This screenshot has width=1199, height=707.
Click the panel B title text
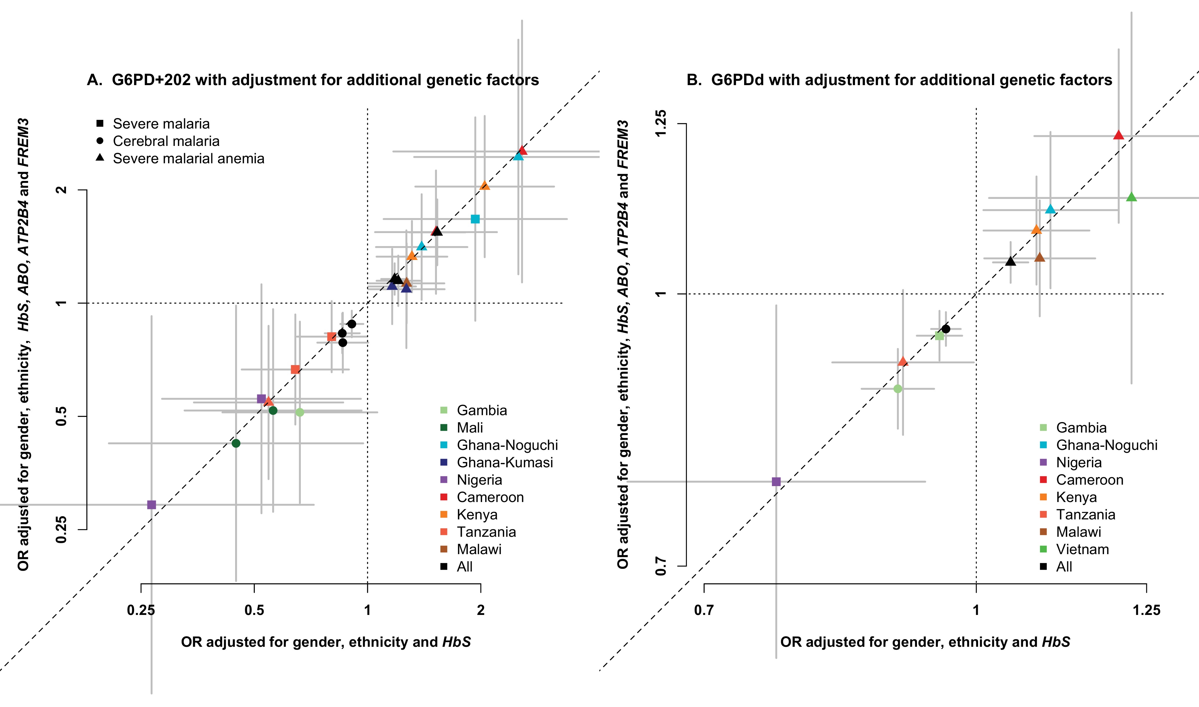(899, 80)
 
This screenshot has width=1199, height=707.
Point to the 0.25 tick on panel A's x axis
(141, 610)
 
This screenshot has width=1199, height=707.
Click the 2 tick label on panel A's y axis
(61, 190)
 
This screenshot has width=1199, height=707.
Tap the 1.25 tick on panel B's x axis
(1146, 610)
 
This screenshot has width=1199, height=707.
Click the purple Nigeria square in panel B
(776, 482)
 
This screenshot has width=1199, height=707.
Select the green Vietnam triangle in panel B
(1131, 197)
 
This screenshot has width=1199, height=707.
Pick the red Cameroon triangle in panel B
(1119, 135)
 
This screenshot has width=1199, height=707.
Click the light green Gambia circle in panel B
(898, 389)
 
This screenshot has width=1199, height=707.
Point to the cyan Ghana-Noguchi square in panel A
(475, 219)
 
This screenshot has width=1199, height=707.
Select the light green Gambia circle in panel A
(300, 412)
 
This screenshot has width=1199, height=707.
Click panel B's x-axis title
(925, 642)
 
